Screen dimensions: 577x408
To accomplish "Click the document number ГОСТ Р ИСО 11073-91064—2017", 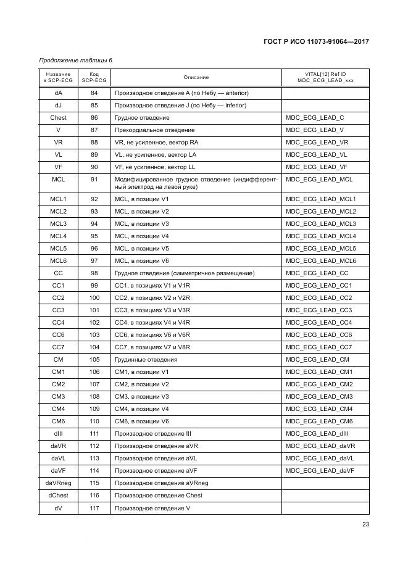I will coord(315,42).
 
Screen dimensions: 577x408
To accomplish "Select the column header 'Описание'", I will coord(196,77).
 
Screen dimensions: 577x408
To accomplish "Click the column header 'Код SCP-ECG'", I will coord(94,77).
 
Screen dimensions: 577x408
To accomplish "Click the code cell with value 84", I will coord(94,93).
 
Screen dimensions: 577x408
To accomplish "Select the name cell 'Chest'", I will coord(59,118).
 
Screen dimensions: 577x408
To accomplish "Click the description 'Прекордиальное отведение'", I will coord(154,130).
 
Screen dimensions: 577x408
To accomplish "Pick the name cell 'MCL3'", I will coord(59,224).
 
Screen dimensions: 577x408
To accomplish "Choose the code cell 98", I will coord(94,273).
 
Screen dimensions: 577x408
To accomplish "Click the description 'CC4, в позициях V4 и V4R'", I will coord(152,323).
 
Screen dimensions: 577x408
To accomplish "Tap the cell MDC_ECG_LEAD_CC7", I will coord(319,347).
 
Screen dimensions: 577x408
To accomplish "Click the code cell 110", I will coord(94,421).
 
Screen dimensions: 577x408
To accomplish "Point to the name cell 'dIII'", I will coord(59,434).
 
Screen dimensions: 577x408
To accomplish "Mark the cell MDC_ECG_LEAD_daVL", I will coord(320,459).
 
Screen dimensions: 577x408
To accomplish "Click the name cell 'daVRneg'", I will coord(59,483).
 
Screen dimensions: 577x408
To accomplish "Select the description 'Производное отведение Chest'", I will coord(158,496).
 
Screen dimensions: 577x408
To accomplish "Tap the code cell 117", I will coord(94,508).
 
